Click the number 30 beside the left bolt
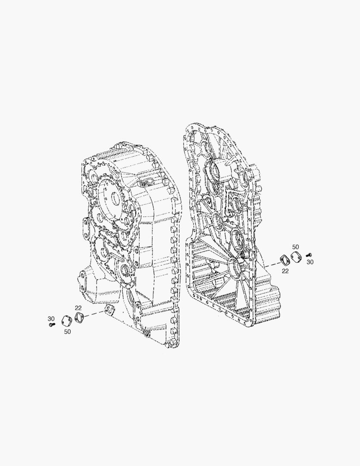pos(51,318)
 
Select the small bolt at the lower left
pos(52,324)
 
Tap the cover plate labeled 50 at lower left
pos(67,320)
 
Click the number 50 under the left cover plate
pos(67,332)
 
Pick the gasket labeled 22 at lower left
pos(79,317)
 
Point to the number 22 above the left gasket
pos(78,308)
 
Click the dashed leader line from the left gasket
pos(94,314)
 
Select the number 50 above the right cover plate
pos(295,247)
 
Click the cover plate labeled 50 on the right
pos(295,257)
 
